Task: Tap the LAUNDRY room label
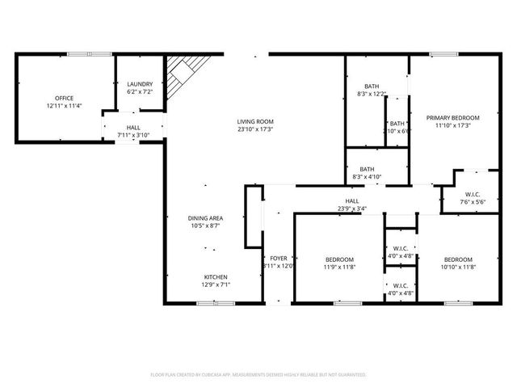tap(140, 84)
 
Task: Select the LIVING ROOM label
tap(254, 120)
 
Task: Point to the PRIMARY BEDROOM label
tap(452, 117)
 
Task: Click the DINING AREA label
tap(205, 218)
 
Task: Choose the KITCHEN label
tap(214, 276)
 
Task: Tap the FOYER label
tap(278, 258)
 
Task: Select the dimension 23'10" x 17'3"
tap(254, 129)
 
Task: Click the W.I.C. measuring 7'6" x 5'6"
tap(473, 198)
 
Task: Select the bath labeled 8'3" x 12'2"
tap(371, 90)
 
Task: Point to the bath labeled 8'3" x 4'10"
tap(367, 172)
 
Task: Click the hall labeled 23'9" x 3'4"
tap(352, 205)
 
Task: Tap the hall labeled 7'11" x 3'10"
tap(133, 131)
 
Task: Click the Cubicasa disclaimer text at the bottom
tap(258, 375)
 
